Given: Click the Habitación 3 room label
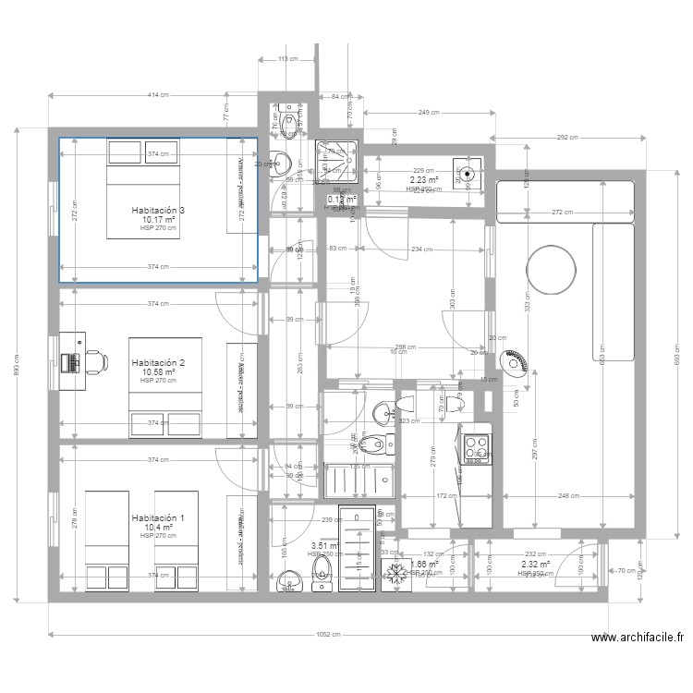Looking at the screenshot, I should [x=158, y=211].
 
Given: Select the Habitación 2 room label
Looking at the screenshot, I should [x=158, y=363].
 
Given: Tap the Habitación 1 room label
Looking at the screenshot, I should [x=158, y=518].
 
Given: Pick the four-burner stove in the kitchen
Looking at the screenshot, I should [x=477, y=448].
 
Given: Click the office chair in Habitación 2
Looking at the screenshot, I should [x=94, y=361].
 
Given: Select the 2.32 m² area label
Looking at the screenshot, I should [x=535, y=564].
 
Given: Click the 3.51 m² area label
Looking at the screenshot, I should [x=324, y=546].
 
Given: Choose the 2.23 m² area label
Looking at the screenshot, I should [x=424, y=180].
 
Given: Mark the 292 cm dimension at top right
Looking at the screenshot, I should [x=567, y=137].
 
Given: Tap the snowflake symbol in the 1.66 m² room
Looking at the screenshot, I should [x=398, y=572].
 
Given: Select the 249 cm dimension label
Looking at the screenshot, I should [x=428, y=113].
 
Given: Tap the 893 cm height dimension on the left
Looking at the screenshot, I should [x=16, y=366].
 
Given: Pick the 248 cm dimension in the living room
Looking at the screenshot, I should [x=570, y=496].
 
